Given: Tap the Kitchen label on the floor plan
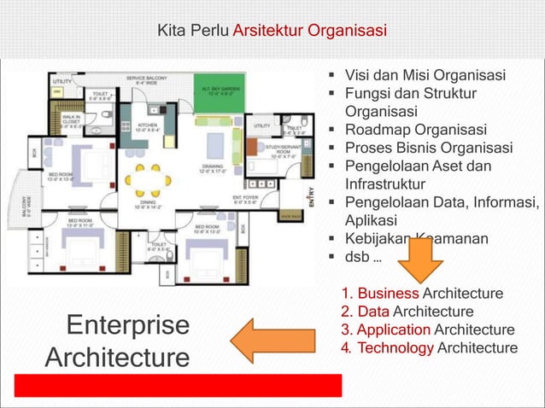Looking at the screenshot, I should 148,127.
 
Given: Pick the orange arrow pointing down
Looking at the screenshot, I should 420,259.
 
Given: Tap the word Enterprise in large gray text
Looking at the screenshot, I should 127,326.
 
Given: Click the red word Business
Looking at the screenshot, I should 388,294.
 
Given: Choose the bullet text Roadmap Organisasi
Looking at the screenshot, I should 415,130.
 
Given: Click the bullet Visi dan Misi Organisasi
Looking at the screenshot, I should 424,75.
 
